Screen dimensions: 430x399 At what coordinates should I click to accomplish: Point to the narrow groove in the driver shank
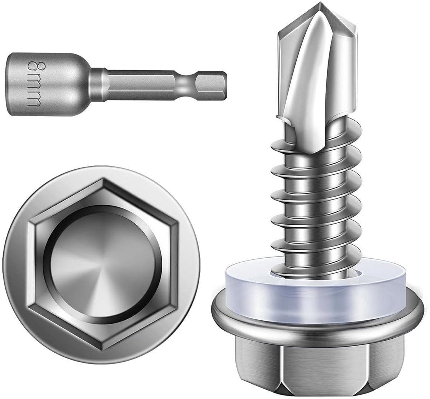(186, 85)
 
